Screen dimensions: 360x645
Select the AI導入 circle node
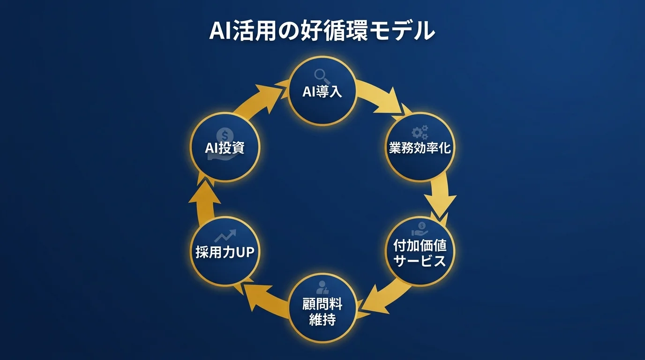(322, 91)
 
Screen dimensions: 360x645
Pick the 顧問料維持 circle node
(322, 307)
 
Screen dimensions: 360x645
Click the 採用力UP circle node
(225, 251)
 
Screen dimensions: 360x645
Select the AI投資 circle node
(225, 147)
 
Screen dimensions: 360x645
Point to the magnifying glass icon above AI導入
(321, 75)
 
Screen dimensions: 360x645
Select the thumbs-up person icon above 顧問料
(323, 287)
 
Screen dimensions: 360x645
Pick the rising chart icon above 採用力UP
(225, 236)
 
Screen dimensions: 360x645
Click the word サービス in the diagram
(420, 261)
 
